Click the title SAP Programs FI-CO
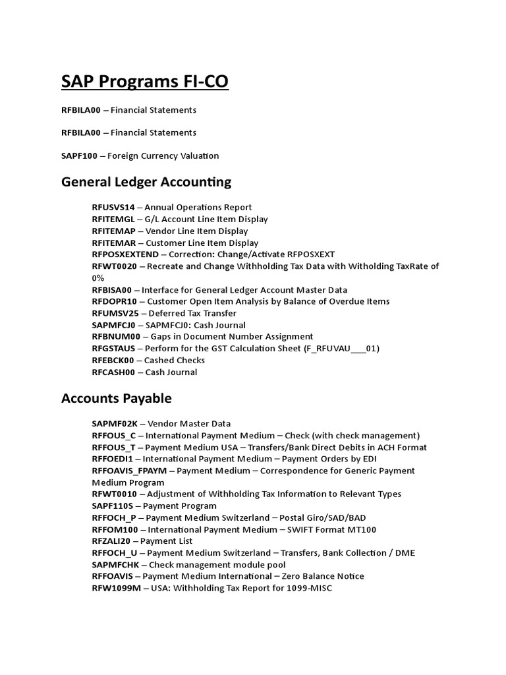coord(145,82)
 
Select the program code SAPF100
coord(79,156)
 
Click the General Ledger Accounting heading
coord(146,182)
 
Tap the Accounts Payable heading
coord(116,398)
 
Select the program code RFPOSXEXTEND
coord(125,254)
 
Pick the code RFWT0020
coord(114,266)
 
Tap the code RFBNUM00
coord(113,337)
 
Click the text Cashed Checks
coord(175,361)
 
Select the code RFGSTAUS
coord(113,349)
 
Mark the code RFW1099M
coord(117,588)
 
